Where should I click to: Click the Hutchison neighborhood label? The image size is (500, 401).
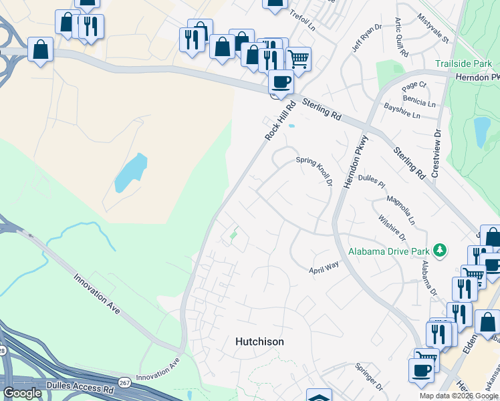(x=259, y=342)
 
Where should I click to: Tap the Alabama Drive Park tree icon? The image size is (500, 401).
(x=439, y=251)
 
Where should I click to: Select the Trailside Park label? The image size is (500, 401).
(x=463, y=64)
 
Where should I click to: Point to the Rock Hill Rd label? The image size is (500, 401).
(x=280, y=121)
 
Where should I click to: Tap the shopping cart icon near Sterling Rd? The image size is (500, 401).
(x=298, y=58)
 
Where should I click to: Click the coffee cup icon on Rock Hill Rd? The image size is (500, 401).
(x=281, y=82)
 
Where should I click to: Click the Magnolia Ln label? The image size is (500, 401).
(x=401, y=210)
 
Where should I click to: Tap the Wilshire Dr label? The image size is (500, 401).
(x=392, y=227)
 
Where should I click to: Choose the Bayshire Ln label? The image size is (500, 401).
(x=402, y=111)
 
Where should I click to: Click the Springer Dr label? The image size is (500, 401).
(x=368, y=376)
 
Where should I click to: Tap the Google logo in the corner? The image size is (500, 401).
(x=23, y=394)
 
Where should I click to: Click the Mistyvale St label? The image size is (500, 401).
(x=433, y=28)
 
